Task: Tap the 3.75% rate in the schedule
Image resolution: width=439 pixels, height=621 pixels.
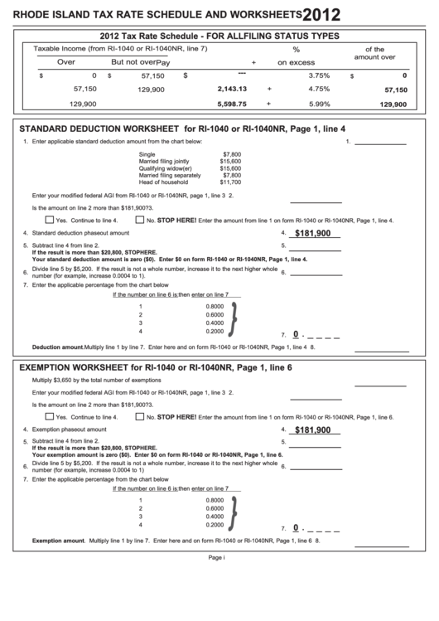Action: (x=319, y=75)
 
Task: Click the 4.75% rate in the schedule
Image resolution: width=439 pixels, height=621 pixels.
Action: (x=319, y=88)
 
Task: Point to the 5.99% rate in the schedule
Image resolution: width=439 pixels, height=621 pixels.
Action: (x=319, y=104)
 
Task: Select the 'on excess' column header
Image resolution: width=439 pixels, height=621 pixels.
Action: (x=296, y=62)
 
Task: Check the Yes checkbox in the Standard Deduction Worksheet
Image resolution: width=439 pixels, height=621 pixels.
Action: (x=50, y=221)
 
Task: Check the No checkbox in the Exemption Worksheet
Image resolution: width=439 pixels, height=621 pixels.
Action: (x=139, y=417)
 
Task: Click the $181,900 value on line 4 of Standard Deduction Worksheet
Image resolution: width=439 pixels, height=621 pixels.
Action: (x=312, y=234)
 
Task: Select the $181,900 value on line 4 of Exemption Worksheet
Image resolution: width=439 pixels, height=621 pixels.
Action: (x=312, y=430)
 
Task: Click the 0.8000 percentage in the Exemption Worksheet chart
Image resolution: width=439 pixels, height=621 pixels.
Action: (x=214, y=501)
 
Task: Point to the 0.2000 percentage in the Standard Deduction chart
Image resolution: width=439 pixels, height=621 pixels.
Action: (x=214, y=331)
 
